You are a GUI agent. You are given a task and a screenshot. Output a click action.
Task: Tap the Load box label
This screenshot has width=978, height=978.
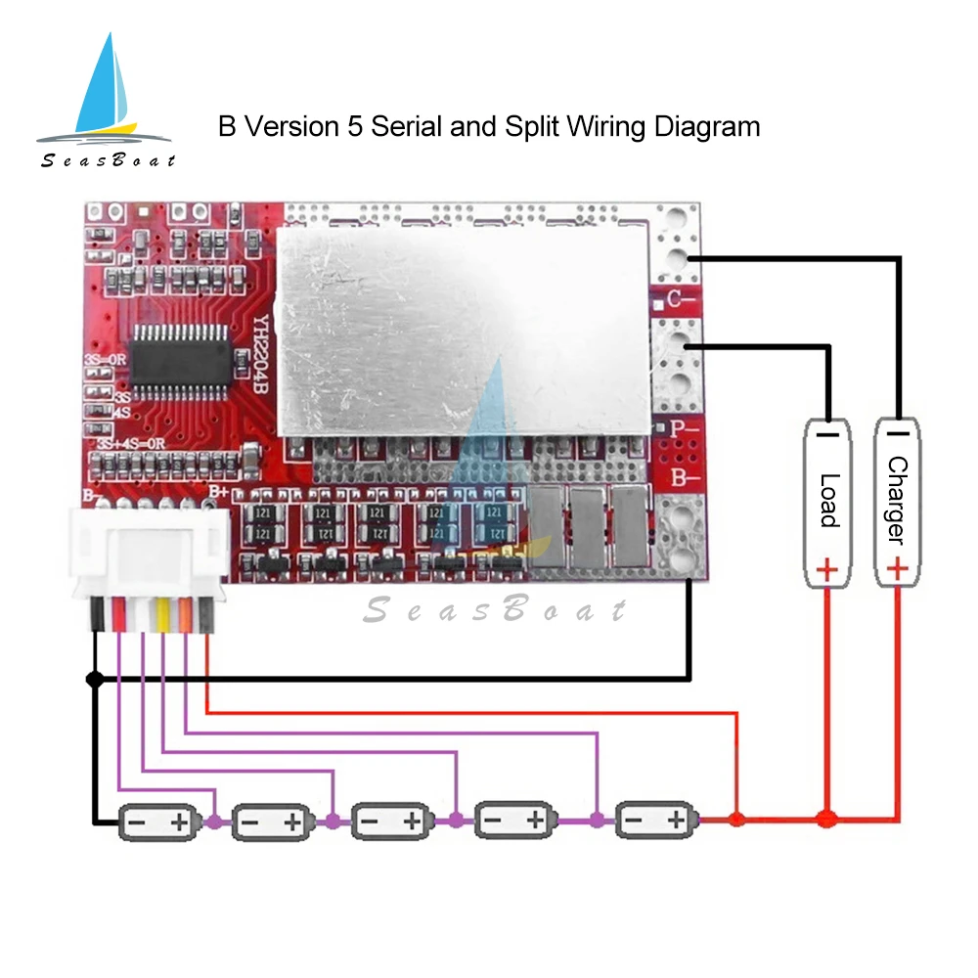click(828, 501)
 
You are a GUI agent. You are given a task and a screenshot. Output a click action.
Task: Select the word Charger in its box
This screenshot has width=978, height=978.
click(896, 499)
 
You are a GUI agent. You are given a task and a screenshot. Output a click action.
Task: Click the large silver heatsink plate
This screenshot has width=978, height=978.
click(465, 328)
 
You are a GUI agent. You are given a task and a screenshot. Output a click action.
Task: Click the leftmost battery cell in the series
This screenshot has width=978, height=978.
click(157, 822)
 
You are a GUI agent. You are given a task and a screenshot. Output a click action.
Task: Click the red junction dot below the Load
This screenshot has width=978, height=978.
click(827, 816)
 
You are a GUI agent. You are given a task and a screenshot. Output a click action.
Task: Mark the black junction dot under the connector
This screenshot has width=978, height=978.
click(95, 679)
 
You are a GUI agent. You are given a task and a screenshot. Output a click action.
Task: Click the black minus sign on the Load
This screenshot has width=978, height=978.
click(828, 431)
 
